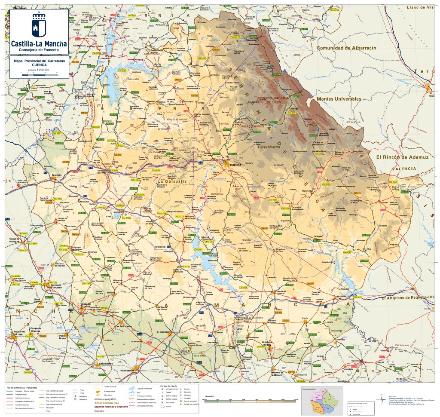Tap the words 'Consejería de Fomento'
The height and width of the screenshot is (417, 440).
38,50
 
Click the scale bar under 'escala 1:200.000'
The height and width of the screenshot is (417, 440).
38,74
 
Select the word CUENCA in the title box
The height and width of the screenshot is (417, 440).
39,65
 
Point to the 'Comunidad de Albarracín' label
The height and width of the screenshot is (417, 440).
346,48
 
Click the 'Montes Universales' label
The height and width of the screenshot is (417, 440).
339,99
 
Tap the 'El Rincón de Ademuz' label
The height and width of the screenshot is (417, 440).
402,157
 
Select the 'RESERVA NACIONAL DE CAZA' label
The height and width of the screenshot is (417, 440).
274,101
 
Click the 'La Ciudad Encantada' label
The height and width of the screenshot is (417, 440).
248,127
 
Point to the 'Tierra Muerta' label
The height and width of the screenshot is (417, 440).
268,147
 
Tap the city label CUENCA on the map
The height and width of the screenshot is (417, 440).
237,165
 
